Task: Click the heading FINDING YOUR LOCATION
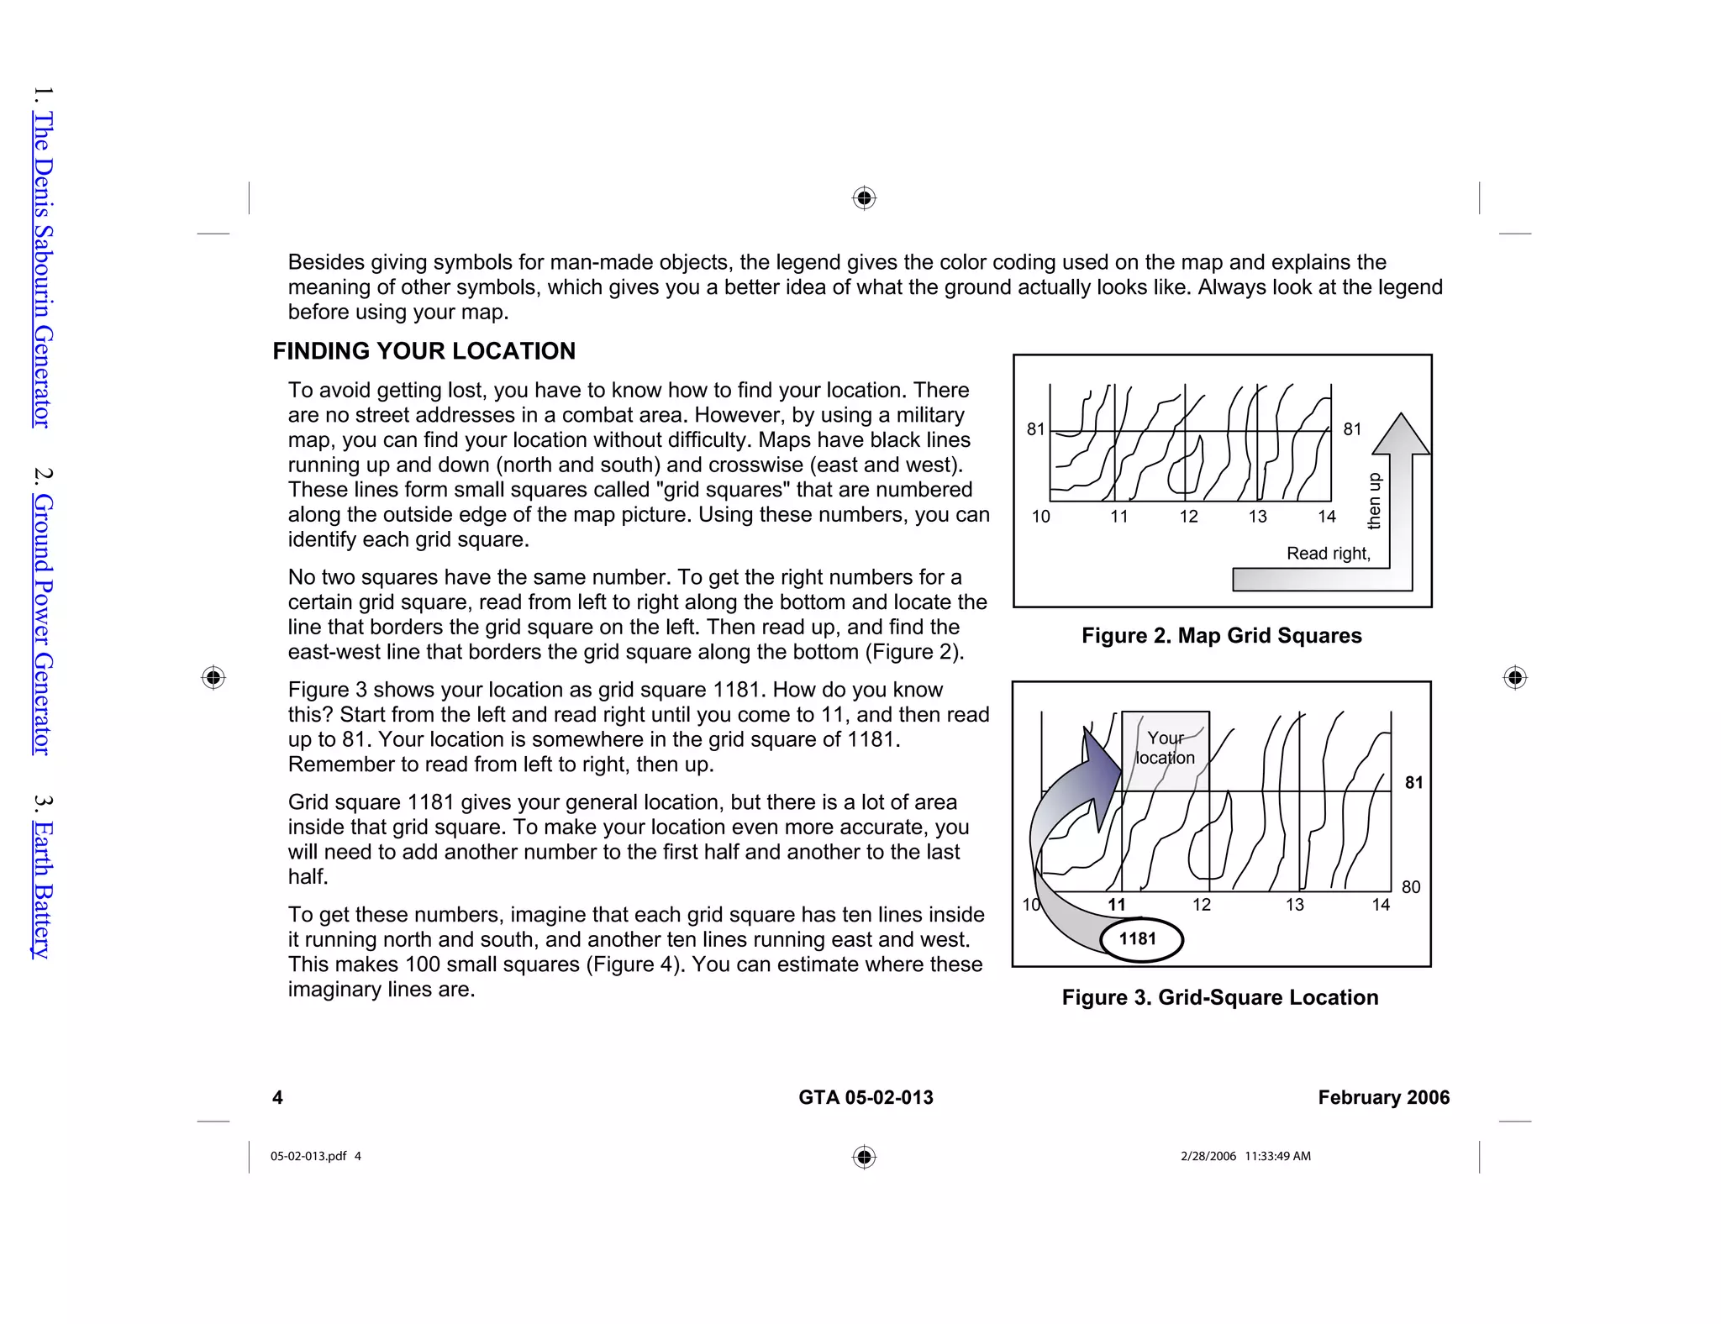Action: click(424, 351)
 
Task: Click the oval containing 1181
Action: click(1139, 939)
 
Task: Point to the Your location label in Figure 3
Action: click(1165, 748)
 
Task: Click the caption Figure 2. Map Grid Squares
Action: click(1221, 635)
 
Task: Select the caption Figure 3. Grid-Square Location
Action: click(1219, 997)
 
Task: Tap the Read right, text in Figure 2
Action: click(1328, 554)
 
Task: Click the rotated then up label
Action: click(1374, 502)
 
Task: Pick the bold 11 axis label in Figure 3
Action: click(1116, 905)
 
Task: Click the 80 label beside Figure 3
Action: click(1411, 887)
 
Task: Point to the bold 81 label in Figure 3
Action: click(1414, 783)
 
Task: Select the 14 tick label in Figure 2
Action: click(1326, 517)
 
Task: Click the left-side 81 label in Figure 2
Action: click(1035, 429)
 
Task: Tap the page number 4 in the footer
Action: click(278, 1097)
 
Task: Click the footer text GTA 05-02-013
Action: click(866, 1097)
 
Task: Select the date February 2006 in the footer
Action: click(1383, 1097)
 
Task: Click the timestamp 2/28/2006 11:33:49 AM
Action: click(1245, 1156)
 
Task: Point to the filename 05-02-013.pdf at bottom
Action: click(308, 1156)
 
